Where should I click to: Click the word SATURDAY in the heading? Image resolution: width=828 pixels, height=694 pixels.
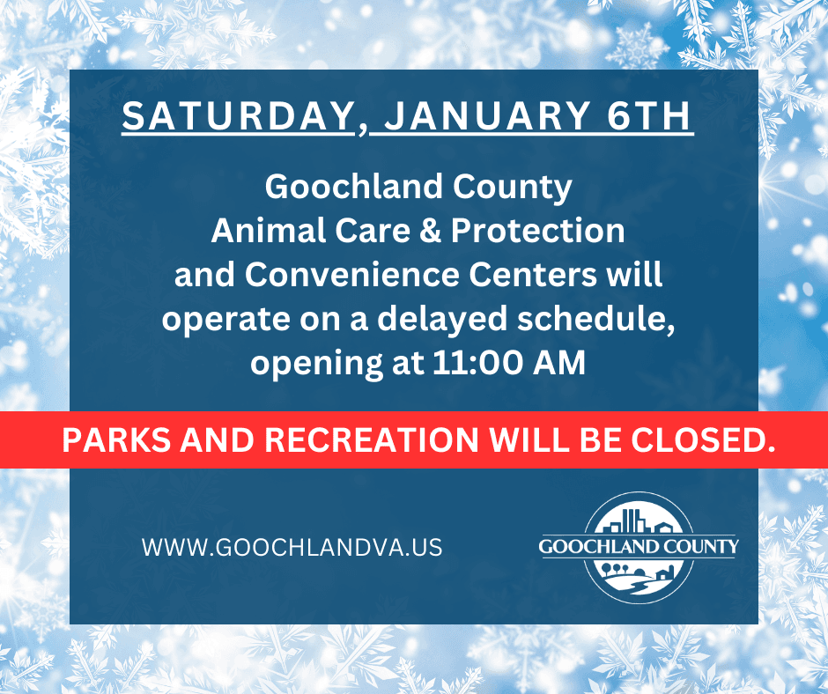[238, 117]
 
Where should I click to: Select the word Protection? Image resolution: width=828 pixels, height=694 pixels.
[537, 231]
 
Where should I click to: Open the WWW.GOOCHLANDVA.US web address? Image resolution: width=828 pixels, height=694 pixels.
[292, 547]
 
